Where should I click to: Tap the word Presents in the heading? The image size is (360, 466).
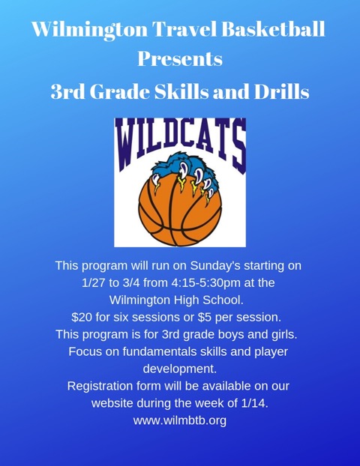click(180, 59)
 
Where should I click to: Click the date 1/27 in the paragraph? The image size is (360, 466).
click(95, 282)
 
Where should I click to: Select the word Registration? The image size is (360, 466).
click(102, 386)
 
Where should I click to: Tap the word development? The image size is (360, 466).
click(179, 369)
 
